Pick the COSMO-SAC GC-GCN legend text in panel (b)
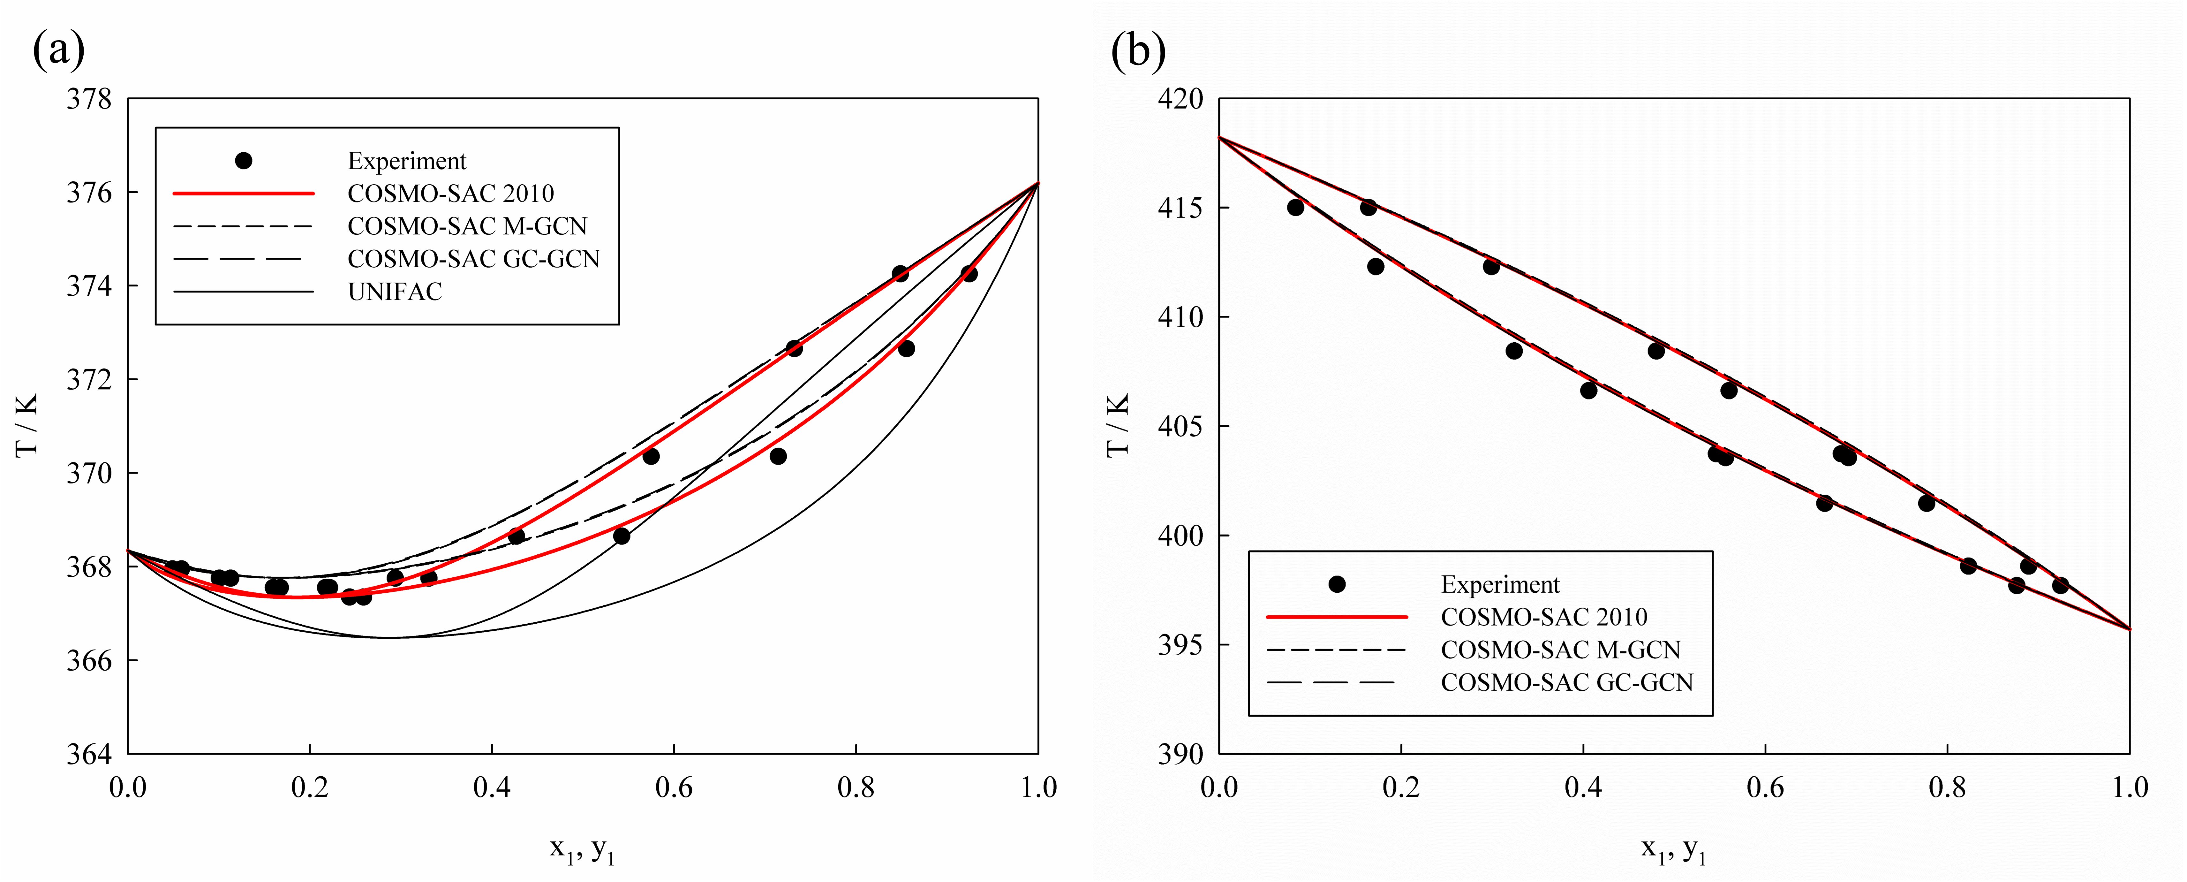click(1566, 682)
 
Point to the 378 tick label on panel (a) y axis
click(89, 99)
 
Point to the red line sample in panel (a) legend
click(244, 194)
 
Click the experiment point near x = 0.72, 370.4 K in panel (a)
click(778, 457)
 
